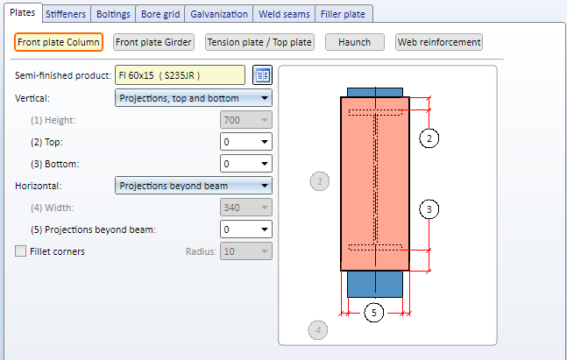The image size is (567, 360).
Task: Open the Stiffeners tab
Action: pyautogui.click(x=66, y=14)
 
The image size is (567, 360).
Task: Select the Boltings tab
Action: pyautogui.click(x=113, y=14)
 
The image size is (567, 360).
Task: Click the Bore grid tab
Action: pyautogui.click(x=160, y=14)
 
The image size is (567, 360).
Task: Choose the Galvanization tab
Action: pyautogui.click(x=219, y=14)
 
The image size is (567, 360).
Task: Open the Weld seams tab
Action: pyautogui.click(x=284, y=14)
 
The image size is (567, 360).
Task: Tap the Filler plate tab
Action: pyautogui.click(x=343, y=14)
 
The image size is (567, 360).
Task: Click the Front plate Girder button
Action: pyautogui.click(x=153, y=42)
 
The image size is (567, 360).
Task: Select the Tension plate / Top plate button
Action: pyautogui.click(x=259, y=42)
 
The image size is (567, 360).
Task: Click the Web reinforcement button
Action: pyautogui.click(x=439, y=42)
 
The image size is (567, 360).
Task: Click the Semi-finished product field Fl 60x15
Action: pyautogui.click(x=180, y=75)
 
